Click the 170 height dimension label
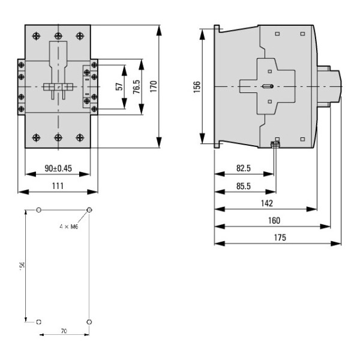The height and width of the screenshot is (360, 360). click(x=152, y=86)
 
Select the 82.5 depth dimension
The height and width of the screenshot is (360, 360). click(x=244, y=169)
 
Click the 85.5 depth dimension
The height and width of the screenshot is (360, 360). click(x=244, y=186)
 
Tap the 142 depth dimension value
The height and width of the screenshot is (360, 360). click(x=265, y=203)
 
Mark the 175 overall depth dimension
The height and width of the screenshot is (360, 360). click(x=278, y=238)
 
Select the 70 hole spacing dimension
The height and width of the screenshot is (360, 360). click(x=63, y=331)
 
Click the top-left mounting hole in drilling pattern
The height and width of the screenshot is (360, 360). click(x=39, y=210)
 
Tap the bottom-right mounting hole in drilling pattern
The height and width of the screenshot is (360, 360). click(x=89, y=322)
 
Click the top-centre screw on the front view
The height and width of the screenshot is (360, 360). click(x=58, y=35)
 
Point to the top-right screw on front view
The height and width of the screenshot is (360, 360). click(x=80, y=35)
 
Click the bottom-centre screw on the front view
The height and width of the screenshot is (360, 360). click(x=58, y=137)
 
